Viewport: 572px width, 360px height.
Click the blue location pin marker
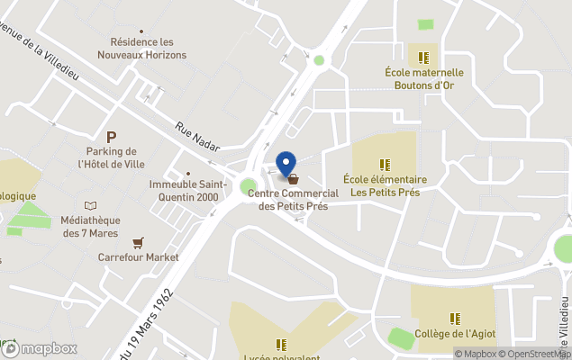coord(286,163)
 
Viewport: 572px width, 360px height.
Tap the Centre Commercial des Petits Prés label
coord(293,199)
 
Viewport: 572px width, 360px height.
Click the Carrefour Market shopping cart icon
coord(138,242)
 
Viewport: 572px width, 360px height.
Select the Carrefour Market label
coord(138,256)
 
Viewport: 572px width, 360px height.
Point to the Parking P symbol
coord(112,137)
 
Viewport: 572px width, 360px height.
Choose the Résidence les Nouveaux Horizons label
coord(148,48)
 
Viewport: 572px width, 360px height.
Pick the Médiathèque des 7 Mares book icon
coord(89,206)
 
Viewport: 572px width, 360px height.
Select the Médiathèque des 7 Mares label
coord(89,226)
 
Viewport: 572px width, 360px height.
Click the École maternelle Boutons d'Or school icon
coord(420,57)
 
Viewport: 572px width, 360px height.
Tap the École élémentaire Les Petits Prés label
coord(385,185)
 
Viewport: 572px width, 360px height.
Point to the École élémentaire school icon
coord(385,165)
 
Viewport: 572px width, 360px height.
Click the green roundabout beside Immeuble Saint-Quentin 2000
coord(248,186)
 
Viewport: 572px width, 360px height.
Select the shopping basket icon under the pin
coord(293,179)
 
